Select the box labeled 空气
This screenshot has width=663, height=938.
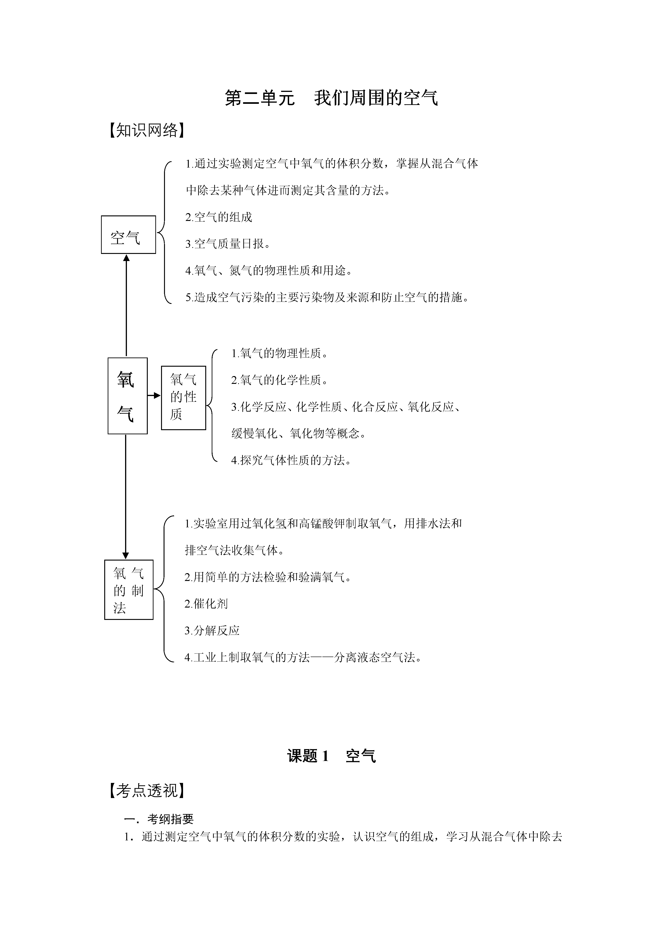128,234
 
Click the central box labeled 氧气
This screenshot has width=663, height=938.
127,396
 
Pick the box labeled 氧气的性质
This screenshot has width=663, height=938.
184,398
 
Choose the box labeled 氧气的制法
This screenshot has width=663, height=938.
129,589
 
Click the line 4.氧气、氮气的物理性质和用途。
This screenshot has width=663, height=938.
269,270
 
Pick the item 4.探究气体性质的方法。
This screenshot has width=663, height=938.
291,460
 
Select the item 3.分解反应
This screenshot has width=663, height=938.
212,630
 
